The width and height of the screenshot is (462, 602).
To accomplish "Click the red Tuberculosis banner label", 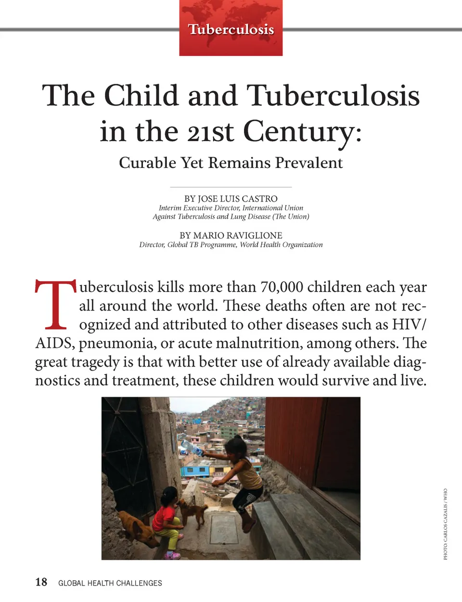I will click(x=231, y=29).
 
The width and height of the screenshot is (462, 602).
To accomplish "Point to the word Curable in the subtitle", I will click(x=147, y=163).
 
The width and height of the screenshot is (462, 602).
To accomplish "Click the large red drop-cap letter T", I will click(x=55, y=304).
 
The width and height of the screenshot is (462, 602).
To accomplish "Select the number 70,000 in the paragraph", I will click(x=282, y=287).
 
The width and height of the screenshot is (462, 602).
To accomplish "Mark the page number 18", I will click(x=41, y=582).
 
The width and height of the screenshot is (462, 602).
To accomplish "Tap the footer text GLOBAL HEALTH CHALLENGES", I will click(x=110, y=583).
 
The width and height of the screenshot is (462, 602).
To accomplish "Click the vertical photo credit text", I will click(x=445, y=524).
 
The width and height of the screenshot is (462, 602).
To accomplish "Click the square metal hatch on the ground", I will click(x=224, y=529).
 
